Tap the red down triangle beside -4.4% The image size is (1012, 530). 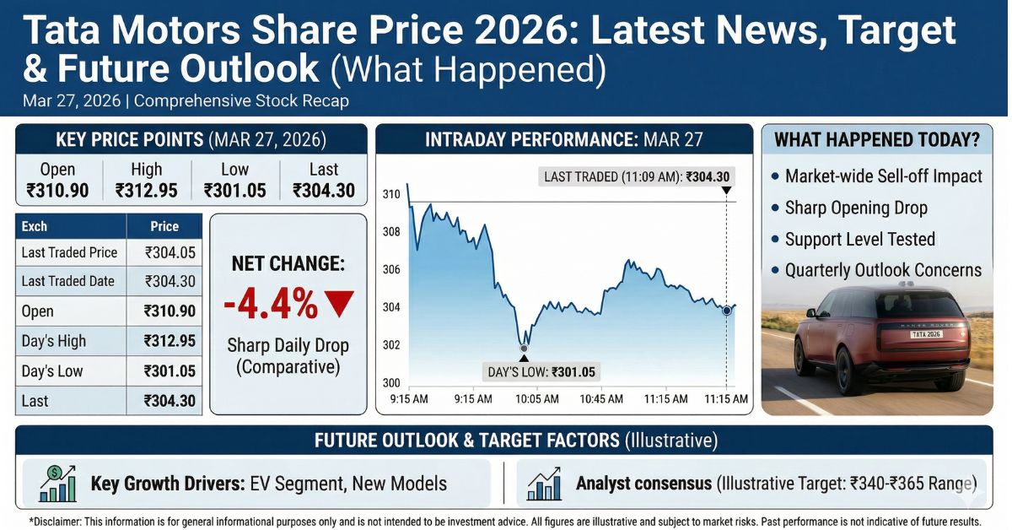[338, 304]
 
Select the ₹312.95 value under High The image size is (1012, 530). [147, 191]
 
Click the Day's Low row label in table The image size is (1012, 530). [52, 371]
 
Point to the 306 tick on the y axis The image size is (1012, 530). [390, 270]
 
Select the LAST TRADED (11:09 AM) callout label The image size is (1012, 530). [637, 177]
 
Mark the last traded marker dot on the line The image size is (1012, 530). [726, 311]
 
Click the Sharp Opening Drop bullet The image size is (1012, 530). [855, 208]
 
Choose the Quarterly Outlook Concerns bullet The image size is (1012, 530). [882, 270]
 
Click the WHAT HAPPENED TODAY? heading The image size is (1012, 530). [877, 140]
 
